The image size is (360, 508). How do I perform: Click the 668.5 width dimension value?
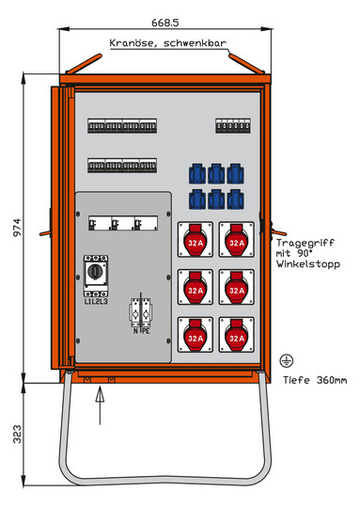tap(164, 23)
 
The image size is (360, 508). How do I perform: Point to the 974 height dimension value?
tap(17, 228)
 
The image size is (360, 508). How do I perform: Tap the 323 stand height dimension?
tap(17, 434)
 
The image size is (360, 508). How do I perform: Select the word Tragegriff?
tap(305, 243)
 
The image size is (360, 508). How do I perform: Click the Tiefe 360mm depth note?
tap(315, 380)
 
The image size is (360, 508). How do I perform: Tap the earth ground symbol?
tap(286, 360)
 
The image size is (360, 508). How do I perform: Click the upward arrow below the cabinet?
tap(100, 405)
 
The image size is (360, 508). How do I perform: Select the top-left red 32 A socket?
tap(196, 240)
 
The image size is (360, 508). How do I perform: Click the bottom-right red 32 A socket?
tap(236, 335)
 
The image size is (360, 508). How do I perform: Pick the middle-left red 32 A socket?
tap(196, 287)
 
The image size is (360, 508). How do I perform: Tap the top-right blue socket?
tap(235, 174)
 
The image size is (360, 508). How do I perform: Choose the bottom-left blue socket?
tap(197, 198)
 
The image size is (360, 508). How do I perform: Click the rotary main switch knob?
tap(96, 271)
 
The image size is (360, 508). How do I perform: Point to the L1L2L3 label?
tap(96, 301)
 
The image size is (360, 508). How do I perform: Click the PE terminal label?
tap(146, 331)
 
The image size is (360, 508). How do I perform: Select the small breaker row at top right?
tap(233, 126)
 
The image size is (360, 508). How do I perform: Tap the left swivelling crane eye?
tap(84, 64)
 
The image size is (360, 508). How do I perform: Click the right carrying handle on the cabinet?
tap(277, 230)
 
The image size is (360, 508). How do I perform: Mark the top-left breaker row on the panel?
tap(122, 126)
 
